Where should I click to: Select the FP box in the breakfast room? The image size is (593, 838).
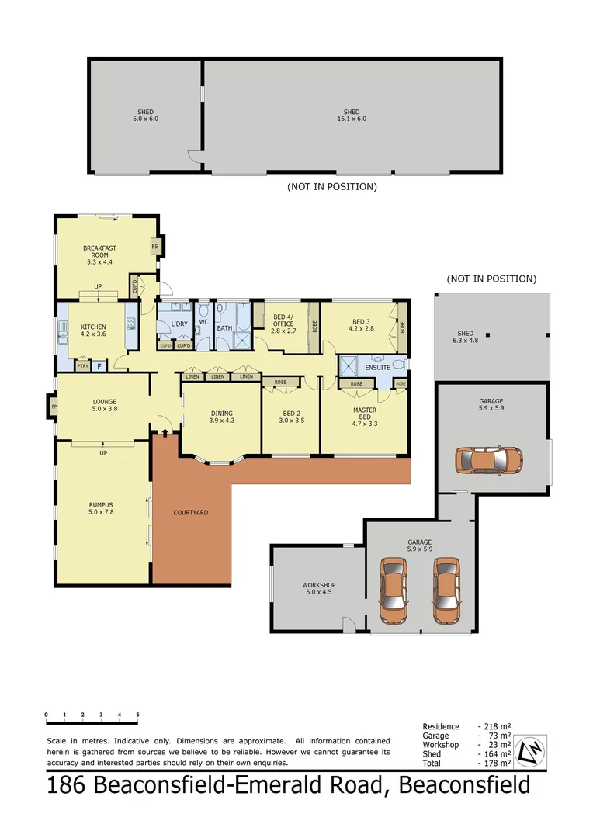coord(155,247)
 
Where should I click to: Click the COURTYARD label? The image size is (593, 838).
coord(191,513)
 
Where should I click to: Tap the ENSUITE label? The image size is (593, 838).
coord(378,367)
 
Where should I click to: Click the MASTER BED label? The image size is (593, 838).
coord(365,417)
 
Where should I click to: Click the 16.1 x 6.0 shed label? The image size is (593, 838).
coord(352,115)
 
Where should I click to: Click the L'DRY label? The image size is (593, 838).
coord(179,324)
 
